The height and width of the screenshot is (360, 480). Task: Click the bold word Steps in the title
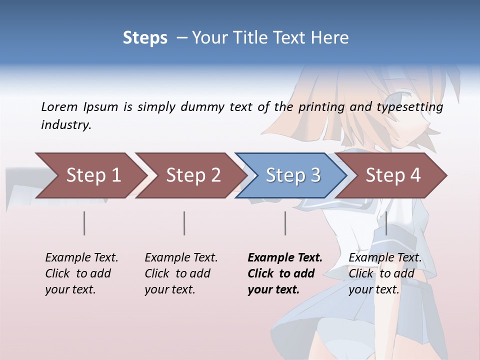[145, 38]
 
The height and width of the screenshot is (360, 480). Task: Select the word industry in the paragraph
[65, 125]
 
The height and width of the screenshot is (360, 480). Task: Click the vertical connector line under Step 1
[84, 223]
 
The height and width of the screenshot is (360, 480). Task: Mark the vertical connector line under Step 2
[184, 223]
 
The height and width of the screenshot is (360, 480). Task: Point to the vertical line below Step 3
[285, 223]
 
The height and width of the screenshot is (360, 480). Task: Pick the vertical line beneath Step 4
[386, 223]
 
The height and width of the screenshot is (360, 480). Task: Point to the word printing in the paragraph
[321, 107]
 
